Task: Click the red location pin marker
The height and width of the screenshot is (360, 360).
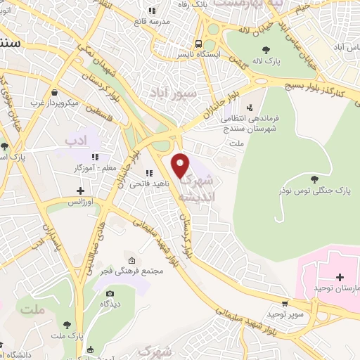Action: tap(181, 165)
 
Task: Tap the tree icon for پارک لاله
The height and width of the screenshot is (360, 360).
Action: tap(266, 49)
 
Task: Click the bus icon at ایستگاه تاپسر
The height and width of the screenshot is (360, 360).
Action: tap(200, 42)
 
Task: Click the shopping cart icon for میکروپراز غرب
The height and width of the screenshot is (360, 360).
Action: tap(54, 92)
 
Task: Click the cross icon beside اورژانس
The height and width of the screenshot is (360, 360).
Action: tap(82, 191)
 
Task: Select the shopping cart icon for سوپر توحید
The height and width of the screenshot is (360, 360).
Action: tap(284, 304)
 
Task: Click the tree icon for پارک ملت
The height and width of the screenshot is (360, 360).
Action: tap(67, 324)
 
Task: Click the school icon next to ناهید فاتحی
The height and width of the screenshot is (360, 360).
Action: tap(148, 173)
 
